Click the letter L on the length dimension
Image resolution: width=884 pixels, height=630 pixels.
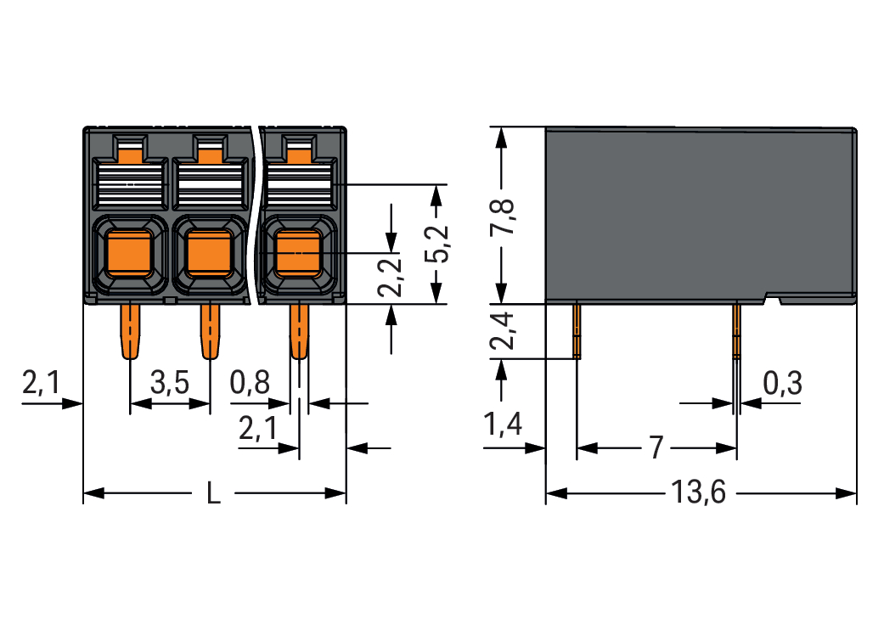click(213, 493)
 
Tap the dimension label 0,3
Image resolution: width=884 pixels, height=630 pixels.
click(782, 384)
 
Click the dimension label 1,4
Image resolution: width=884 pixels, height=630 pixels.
click(503, 425)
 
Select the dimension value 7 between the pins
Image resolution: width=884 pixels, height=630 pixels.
click(655, 447)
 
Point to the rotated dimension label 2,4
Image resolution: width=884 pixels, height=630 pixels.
click(502, 331)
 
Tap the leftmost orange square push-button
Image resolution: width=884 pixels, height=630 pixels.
click(129, 252)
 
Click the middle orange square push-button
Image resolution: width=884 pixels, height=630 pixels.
click(210, 252)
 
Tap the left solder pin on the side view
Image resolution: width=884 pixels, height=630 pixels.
click(577, 331)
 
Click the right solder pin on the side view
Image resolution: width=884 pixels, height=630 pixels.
click(736, 331)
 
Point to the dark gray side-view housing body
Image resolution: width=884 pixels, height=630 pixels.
click(696, 212)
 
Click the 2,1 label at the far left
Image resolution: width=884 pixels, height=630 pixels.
click(41, 384)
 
